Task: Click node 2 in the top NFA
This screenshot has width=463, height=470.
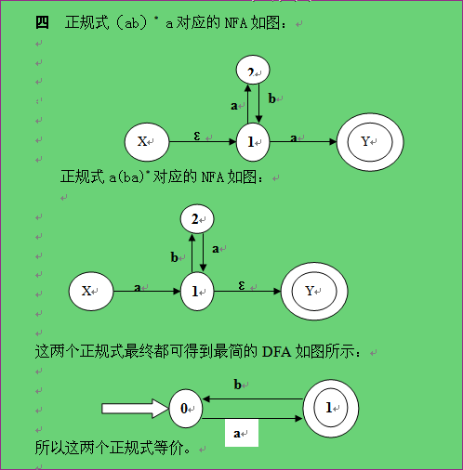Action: coord(253,70)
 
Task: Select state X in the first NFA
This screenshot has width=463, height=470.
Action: coord(147,142)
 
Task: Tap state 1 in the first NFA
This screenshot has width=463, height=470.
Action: coord(253,142)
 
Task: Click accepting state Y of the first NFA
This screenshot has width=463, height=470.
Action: coord(370,142)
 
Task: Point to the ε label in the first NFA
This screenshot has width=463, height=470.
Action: coord(197,136)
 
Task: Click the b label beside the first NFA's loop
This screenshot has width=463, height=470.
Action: coord(271,98)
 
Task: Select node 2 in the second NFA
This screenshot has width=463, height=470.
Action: coord(197,219)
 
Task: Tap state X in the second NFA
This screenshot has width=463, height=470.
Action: coord(91,291)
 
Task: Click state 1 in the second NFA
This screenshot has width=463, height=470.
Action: coord(197,291)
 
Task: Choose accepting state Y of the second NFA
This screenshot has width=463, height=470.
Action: coord(314,291)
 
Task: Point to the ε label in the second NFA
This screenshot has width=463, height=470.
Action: coord(242,285)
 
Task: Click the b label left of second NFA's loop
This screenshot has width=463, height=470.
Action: coord(175,257)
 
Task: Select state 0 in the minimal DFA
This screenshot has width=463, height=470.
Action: coord(186,409)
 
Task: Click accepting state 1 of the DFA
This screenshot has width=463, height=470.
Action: coord(331,409)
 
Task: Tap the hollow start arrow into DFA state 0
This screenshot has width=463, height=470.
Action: coord(135,409)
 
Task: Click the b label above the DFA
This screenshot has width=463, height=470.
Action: coord(238,385)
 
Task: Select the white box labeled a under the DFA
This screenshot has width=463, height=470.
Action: coord(242,433)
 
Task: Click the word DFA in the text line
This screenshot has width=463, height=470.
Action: coord(276,352)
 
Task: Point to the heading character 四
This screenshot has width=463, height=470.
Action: coord(42,22)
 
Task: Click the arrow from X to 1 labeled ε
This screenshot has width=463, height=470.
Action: coord(203,142)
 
